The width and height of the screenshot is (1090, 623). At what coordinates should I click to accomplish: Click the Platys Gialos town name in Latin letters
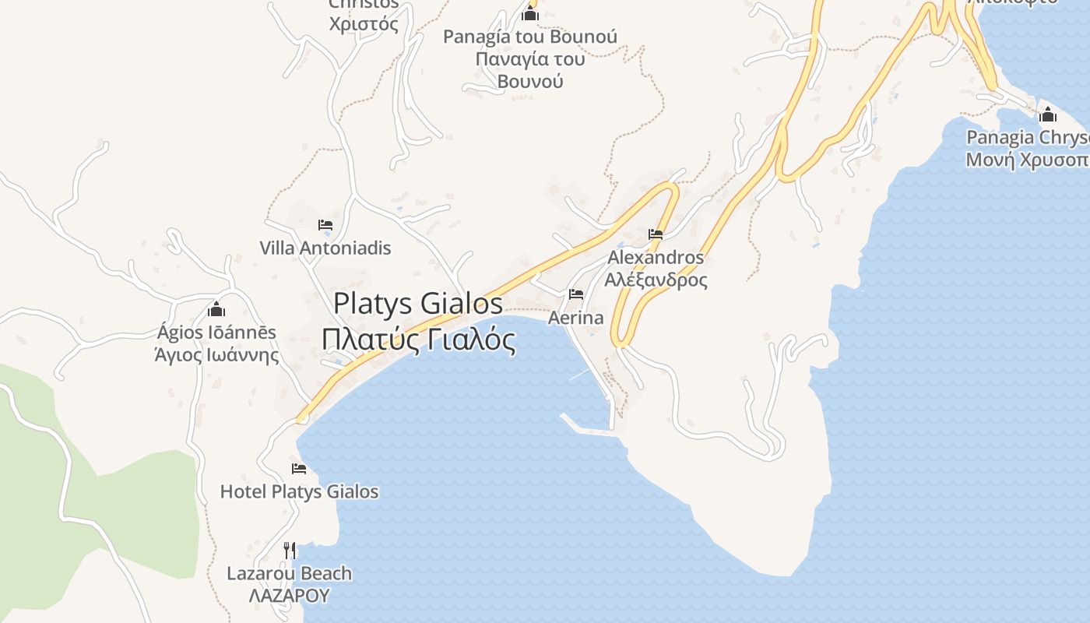pyautogui.click(x=418, y=304)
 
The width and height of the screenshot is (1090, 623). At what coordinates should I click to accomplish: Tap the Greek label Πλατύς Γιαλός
pyautogui.click(x=418, y=340)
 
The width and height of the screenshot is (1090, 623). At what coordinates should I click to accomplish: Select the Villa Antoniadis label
pyautogui.click(x=325, y=248)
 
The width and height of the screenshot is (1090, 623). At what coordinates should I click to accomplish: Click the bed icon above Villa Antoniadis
pyautogui.click(x=325, y=226)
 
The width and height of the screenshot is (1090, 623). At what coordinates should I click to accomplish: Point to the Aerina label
pyautogui.click(x=576, y=318)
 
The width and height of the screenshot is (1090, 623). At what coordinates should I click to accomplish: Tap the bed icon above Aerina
pyautogui.click(x=576, y=294)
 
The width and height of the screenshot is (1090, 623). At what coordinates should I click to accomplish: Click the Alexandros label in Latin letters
pyautogui.click(x=656, y=257)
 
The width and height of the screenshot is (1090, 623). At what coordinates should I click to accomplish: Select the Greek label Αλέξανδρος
pyautogui.click(x=656, y=280)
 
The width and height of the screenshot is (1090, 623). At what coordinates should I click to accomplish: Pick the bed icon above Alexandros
pyautogui.click(x=656, y=234)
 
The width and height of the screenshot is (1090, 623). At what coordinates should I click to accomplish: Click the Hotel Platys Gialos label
pyautogui.click(x=299, y=491)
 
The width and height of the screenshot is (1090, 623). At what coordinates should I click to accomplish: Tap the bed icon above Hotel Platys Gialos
pyautogui.click(x=299, y=469)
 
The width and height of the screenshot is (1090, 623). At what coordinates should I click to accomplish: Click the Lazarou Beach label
pyautogui.click(x=289, y=574)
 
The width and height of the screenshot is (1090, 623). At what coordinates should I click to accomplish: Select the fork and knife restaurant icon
pyautogui.click(x=289, y=551)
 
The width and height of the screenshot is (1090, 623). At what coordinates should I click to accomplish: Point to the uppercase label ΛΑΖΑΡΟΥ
pyautogui.click(x=289, y=596)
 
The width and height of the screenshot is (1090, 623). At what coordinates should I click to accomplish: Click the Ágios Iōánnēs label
pyautogui.click(x=216, y=333)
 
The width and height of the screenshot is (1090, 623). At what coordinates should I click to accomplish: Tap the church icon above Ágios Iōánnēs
pyautogui.click(x=216, y=310)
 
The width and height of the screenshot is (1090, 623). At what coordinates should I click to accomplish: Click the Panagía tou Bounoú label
pyautogui.click(x=530, y=37)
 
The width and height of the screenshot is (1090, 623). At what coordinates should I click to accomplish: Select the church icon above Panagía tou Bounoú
pyautogui.click(x=530, y=13)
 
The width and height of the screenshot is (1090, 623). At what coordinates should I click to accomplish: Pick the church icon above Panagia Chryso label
pyautogui.click(x=1048, y=114)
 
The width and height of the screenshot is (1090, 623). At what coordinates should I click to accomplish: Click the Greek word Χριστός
pyautogui.click(x=364, y=24)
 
